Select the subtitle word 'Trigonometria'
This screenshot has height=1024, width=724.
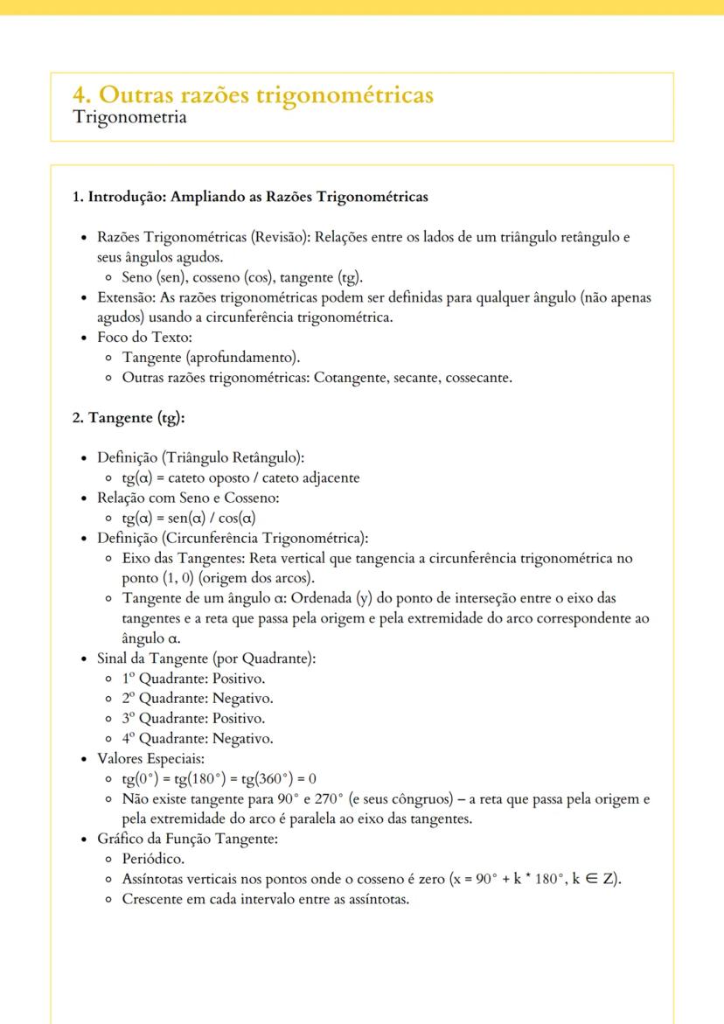click(129, 118)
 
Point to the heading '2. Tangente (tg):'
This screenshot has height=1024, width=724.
click(129, 418)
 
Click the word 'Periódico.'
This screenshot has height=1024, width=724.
click(153, 859)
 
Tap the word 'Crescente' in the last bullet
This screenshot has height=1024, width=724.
click(153, 899)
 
